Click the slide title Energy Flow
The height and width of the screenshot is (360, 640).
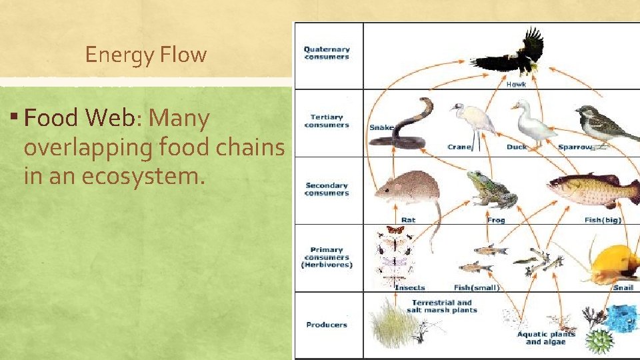(146, 55)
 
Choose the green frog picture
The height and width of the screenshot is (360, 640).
(490, 190)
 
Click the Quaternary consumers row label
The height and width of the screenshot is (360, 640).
(327, 53)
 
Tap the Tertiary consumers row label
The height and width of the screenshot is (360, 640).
(327, 121)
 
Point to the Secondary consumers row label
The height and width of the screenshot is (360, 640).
(327, 189)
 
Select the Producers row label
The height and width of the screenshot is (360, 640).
(327, 325)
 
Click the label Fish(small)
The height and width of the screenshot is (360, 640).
(476, 288)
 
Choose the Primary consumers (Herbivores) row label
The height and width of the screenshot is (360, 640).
(327, 257)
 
